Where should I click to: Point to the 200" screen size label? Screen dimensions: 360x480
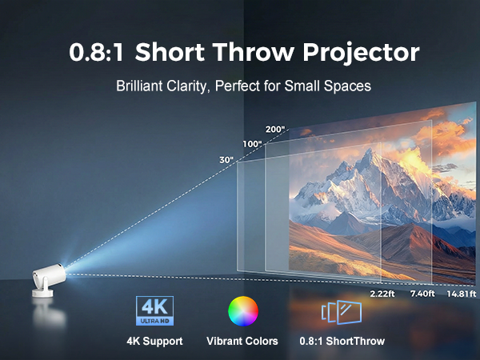[274, 129]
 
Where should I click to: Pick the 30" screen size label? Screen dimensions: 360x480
[226, 160]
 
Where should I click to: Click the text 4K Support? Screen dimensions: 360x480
[154, 342]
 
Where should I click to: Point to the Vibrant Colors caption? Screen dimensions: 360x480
[242, 342]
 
